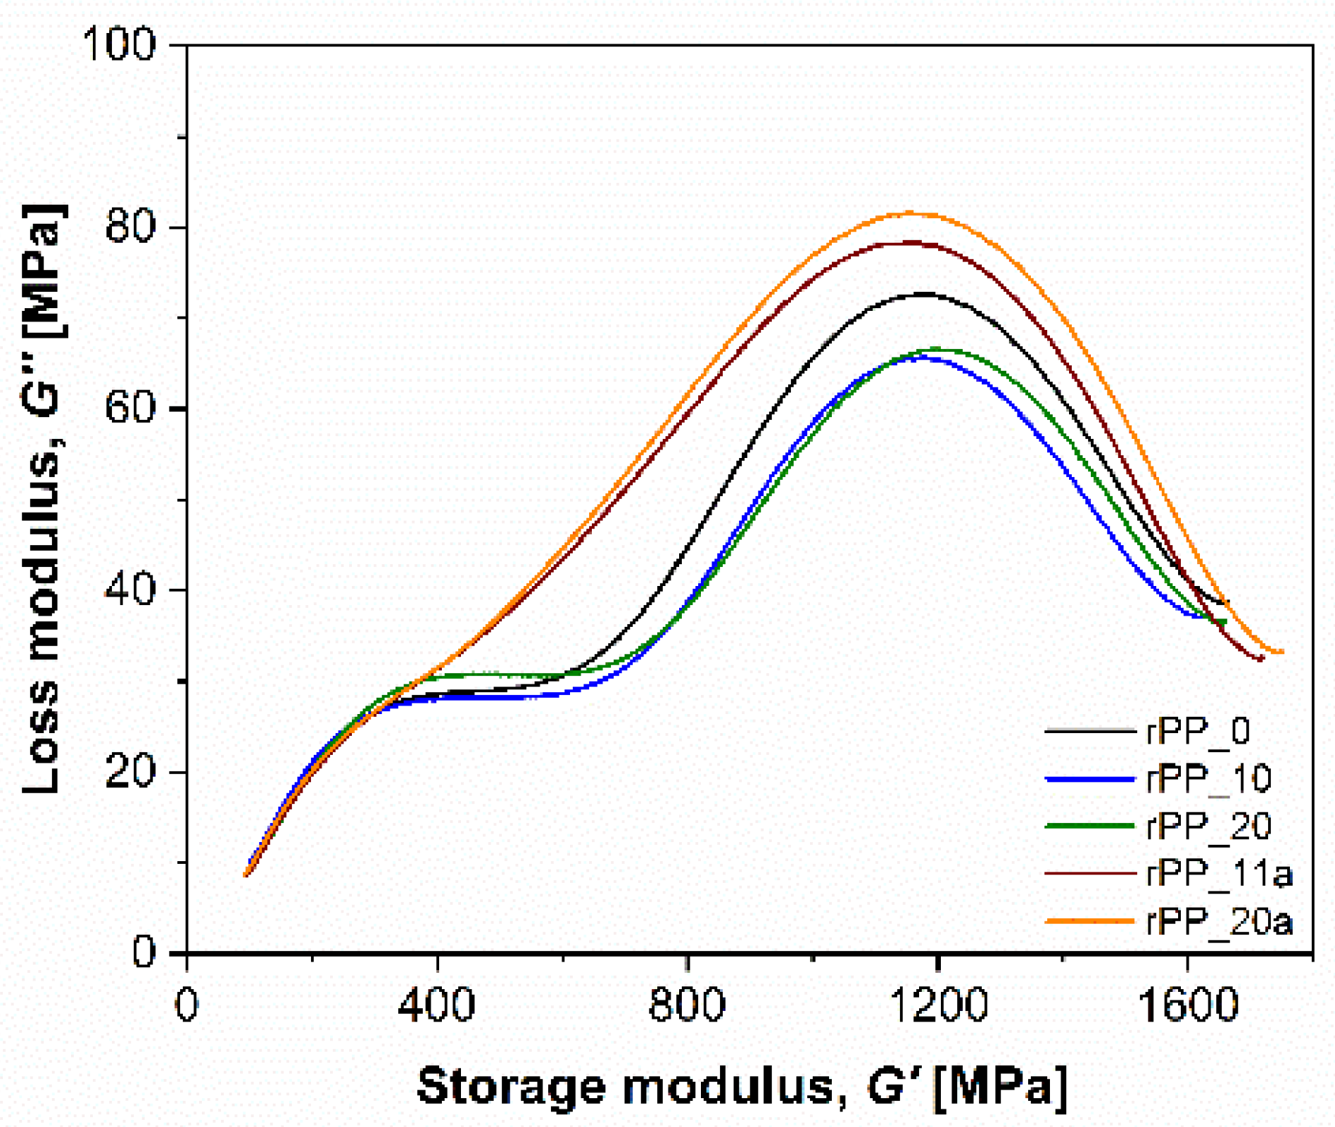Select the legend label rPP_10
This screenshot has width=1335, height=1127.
pyautogui.click(x=1208, y=779)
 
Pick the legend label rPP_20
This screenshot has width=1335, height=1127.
pyautogui.click(x=1208, y=826)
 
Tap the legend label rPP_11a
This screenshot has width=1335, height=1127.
pyautogui.click(x=1219, y=873)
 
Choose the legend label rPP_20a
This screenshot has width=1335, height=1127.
pyautogui.click(x=1219, y=921)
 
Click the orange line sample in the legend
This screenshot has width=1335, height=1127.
pyautogui.click(x=1089, y=921)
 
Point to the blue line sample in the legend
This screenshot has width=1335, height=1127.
pyautogui.click(x=1089, y=779)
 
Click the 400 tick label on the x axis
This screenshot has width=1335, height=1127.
pyautogui.click(x=436, y=1006)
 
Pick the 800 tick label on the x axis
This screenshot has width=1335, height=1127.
pyautogui.click(x=687, y=1006)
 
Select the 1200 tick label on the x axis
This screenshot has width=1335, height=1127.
pyautogui.click(x=937, y=1006)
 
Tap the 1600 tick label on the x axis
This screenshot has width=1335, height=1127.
pyautogui.click(x=1187, y=1006)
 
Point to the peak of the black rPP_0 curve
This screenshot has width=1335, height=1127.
pyautogui.click(x=924, y=293)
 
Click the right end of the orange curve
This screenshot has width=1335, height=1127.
pyautogui.click(x=1282, y=652)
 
